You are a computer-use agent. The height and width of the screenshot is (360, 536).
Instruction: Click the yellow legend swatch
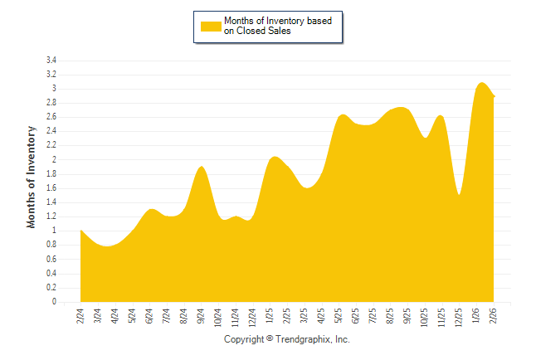coord(212,27)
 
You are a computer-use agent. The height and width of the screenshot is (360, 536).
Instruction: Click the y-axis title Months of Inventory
coord(32,177)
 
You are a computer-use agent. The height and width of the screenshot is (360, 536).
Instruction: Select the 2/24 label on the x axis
coord(80,316)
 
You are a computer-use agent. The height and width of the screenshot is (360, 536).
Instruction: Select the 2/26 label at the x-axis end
coord(494,316)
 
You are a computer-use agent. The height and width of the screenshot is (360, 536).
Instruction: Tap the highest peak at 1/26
coord(481,83)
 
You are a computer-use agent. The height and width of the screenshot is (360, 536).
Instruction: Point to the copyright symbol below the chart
coord(269,339)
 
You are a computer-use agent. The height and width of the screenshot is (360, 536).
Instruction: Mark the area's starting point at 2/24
coord(80,231)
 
